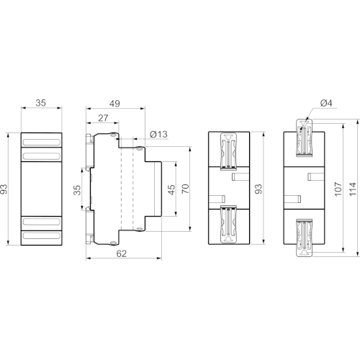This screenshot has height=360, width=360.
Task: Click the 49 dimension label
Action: tap(114, 104)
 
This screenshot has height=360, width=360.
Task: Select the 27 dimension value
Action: tap(103, 118)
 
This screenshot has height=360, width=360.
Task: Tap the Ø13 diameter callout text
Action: tap(158, 135)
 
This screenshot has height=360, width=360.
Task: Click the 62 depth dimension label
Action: tap(122, 253)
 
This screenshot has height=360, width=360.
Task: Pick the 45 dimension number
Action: tap(172, 189)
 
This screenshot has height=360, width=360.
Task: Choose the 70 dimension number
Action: tap(186, 189)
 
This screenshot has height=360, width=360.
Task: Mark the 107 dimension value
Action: tap(338, 189)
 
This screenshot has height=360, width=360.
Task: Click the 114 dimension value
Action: tap(353, 189)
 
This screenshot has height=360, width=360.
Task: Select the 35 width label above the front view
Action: tap(40, 103)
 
